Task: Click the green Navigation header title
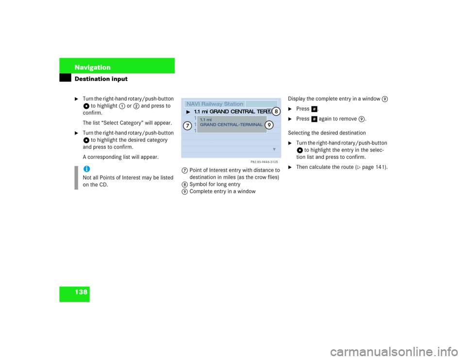click(x=92, y=67)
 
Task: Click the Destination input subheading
click(x=101, y=79)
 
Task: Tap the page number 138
click(x=81, y=292)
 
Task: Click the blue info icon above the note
click(x=86, y=169)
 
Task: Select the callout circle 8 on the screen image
click(x=276, y=112)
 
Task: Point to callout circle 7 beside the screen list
click(x=187, y=126)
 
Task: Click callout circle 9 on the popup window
click(x=269, y=125)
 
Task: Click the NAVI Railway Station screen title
click(x=215, y=104)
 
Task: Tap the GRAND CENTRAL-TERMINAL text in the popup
click(x=231, y=125)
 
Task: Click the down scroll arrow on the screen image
click(x=274, y=149)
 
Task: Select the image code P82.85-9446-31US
click(x=264, y=162)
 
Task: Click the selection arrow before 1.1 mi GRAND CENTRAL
click(x=188, y=112)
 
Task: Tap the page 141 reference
click(x=371, y=167)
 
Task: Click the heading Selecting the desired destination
click(x=327, y=133)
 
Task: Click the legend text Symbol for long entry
click(x=215, y=184)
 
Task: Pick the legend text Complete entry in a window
click(x=223, y=192)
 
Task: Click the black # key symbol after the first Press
click(x=314, y=109)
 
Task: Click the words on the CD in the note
click(x=96, y=185)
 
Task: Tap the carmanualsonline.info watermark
click(x=394, y=352)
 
